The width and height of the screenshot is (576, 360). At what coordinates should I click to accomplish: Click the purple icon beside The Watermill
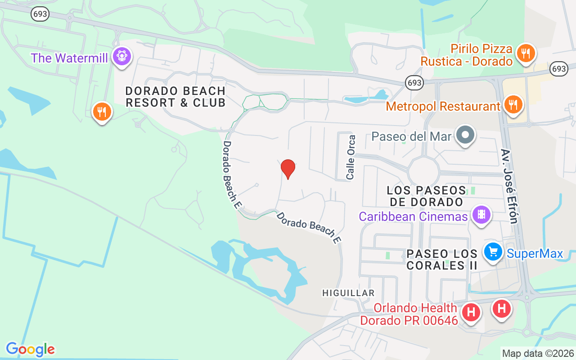122,57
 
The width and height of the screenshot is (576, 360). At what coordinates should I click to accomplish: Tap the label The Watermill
69,58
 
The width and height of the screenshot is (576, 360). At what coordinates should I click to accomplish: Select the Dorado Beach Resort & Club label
175,97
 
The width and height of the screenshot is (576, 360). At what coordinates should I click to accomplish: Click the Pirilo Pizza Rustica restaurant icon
525,54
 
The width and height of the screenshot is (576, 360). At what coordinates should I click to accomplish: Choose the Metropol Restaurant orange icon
512,105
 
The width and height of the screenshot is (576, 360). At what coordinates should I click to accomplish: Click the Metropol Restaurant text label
443,107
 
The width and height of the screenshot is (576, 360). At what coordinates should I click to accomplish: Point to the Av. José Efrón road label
509,186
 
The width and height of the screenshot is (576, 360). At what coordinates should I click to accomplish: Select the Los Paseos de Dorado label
426,196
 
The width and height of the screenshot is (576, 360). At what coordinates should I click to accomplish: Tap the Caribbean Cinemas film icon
481,214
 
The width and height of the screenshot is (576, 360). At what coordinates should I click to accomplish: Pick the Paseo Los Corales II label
441,260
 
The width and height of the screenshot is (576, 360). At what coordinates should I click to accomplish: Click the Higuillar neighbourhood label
348,293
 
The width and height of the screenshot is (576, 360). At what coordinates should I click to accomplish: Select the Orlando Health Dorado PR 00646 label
415,314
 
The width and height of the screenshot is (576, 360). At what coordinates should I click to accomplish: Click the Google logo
30,349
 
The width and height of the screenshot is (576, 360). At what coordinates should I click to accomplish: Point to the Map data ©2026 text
538,353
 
